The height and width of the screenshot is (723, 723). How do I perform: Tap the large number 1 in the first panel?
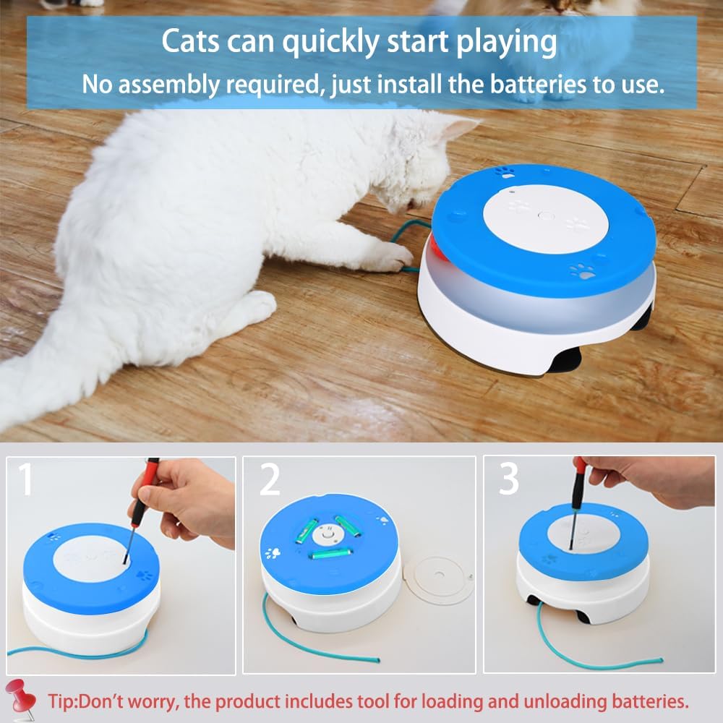(x=25, y=479)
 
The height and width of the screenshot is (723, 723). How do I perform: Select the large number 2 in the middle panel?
(x=269, y=479)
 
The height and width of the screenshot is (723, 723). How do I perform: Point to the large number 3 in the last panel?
(x=508, y=479)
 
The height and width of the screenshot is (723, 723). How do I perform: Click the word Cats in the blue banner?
(x=189, y=42)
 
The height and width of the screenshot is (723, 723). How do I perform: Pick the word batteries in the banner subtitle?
(x=536, y=84)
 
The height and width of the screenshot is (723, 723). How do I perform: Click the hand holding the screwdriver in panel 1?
(x=189, y=499)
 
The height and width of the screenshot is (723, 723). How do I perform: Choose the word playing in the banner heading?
(x=507, y=42)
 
